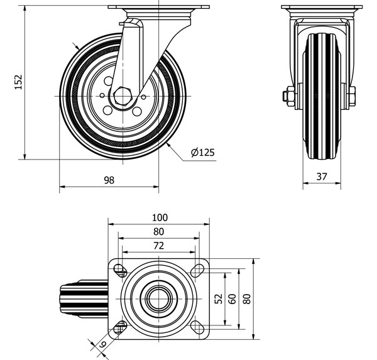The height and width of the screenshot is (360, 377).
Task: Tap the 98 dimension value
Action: (x=109, y=180)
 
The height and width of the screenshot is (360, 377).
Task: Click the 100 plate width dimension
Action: (x=159, y=217)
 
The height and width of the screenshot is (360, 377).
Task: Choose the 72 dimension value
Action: (x=159, y=246)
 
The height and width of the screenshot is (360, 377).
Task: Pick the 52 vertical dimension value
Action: (x=218, y=299)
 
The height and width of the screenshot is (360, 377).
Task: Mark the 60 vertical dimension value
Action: (x=232, y=299)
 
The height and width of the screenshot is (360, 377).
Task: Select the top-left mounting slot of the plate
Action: (x=119, y=270)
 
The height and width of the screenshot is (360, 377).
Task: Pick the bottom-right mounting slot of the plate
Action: (x=198, y=327)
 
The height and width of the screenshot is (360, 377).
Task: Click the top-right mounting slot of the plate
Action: (x=198, y=270)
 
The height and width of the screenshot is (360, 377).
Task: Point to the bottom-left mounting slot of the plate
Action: (x=119, y=327)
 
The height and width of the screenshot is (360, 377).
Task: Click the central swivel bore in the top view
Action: (x=158, y=298)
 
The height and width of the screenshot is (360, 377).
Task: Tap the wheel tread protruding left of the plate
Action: (x=69, y=298)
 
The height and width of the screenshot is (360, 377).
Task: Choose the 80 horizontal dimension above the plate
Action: (x=159, y=232)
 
